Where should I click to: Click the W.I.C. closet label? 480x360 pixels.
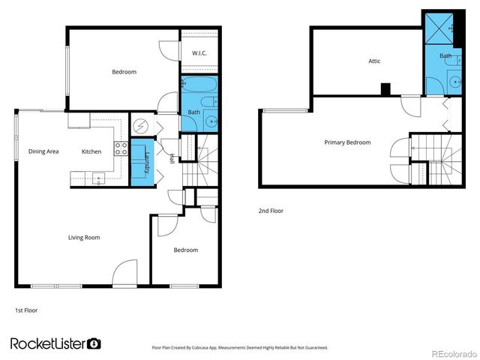[x=199, y=53]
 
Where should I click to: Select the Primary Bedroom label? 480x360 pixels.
[x=347, y=142]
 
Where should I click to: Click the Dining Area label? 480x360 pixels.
[x=43, y=151]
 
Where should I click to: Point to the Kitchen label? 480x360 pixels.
[x=91, y=151]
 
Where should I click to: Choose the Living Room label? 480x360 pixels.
[x=84, y=238]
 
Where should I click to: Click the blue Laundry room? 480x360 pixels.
[x=139, y=163]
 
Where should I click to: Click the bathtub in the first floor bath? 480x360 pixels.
[x=197, y=85]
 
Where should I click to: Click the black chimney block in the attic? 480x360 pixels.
[x=385, y=89]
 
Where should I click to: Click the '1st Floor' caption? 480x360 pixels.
[x=26, y=310]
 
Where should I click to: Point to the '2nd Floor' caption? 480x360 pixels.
[x=271, y=211]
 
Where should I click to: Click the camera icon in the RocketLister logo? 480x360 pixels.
[x=94, y=343]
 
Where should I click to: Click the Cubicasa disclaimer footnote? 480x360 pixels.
[x=239, y=347]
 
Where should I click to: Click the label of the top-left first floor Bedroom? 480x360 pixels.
[x=124, y=72]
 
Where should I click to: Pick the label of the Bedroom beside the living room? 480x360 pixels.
[x=185, y=250]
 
